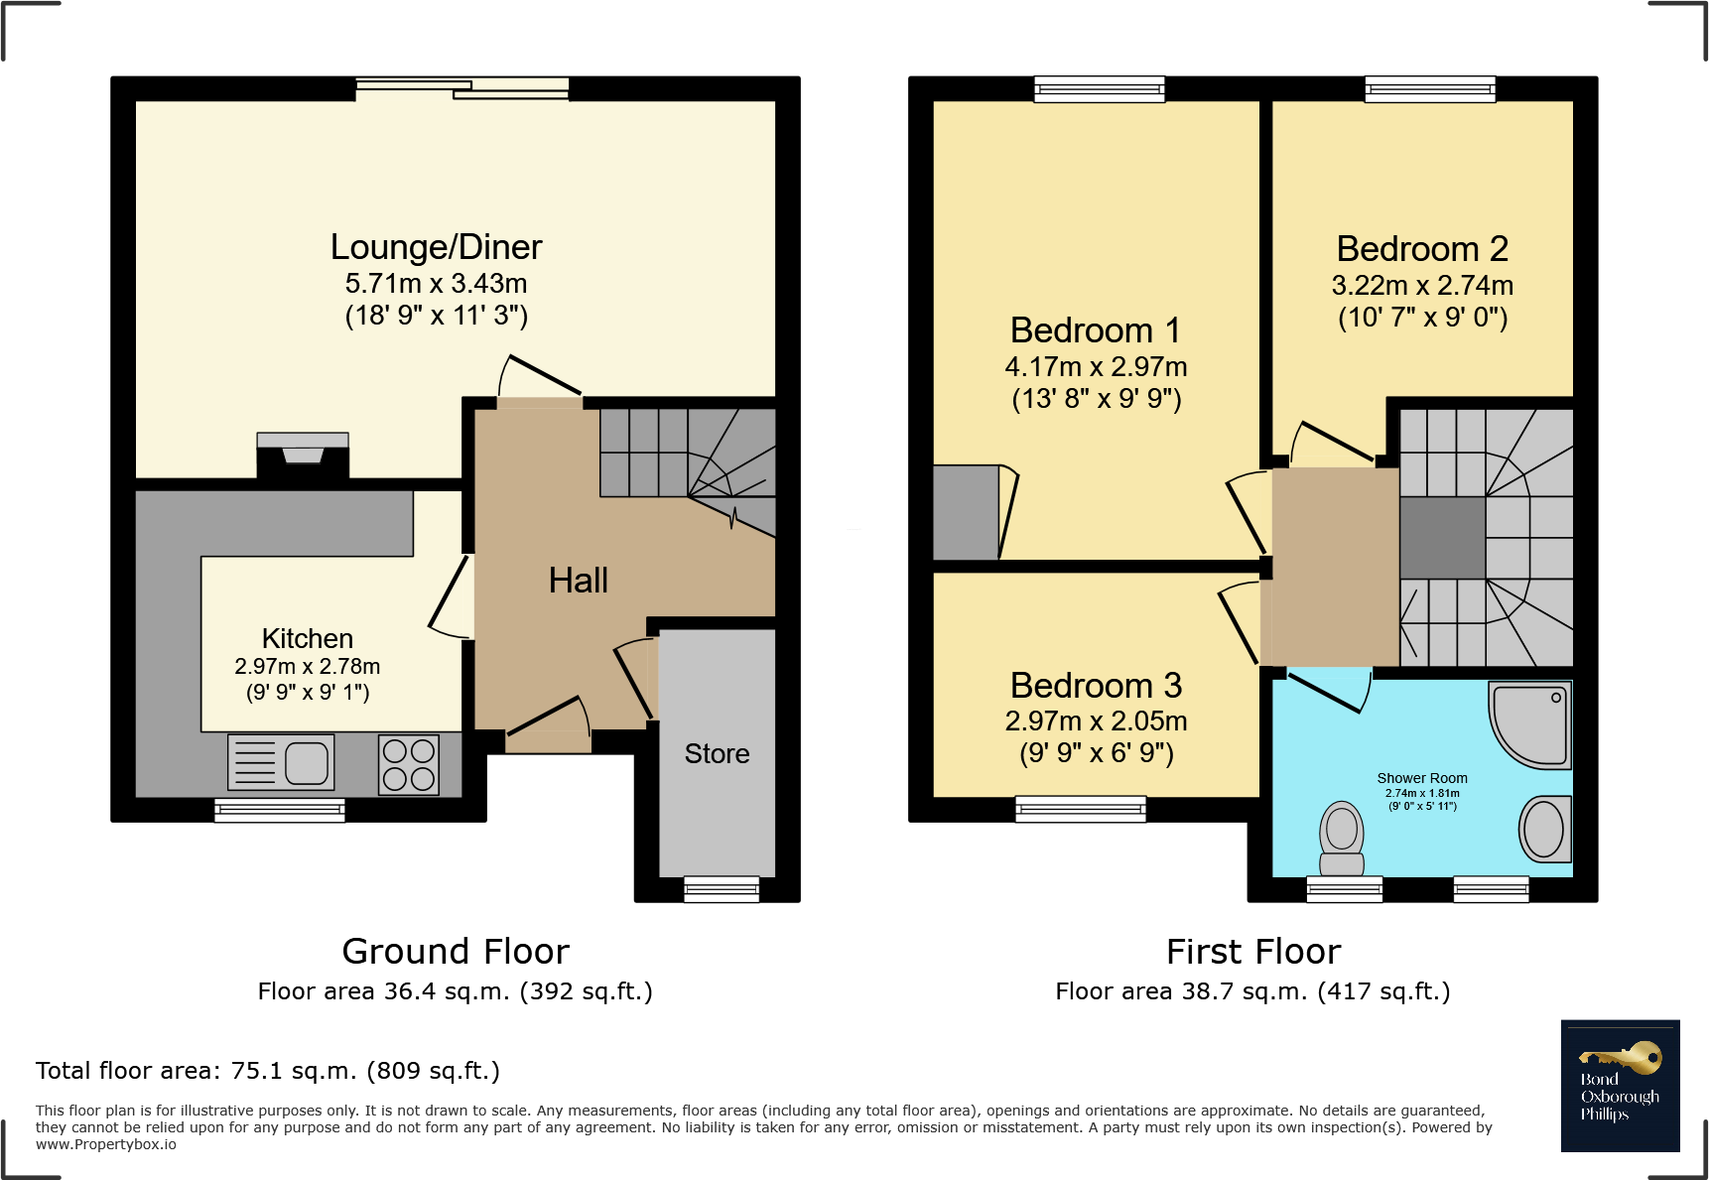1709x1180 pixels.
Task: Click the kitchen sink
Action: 281,762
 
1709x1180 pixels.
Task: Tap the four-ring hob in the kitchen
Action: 409,764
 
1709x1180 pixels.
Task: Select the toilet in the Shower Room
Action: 1342,839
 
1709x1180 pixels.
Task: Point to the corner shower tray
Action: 1530,724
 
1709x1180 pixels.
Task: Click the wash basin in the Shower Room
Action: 1545,829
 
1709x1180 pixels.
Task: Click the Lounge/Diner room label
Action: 437,246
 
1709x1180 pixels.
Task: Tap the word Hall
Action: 579,581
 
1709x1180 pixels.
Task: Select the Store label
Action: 718,753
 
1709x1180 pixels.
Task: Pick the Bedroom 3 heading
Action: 1097,685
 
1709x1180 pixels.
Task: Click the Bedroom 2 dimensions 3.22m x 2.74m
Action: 1422,286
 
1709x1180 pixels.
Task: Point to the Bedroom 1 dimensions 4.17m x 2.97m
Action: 1097,367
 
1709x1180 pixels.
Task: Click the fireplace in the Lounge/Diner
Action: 303,456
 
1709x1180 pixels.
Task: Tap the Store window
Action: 722,889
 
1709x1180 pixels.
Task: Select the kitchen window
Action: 280,810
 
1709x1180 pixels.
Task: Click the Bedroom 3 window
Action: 1081,809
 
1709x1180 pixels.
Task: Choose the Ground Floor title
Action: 456,952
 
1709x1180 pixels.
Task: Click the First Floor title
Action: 1253,952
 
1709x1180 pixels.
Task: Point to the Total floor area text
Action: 268,1071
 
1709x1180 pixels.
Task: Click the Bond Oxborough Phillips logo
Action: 1620,1086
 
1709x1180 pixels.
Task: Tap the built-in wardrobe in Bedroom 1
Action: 967,512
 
